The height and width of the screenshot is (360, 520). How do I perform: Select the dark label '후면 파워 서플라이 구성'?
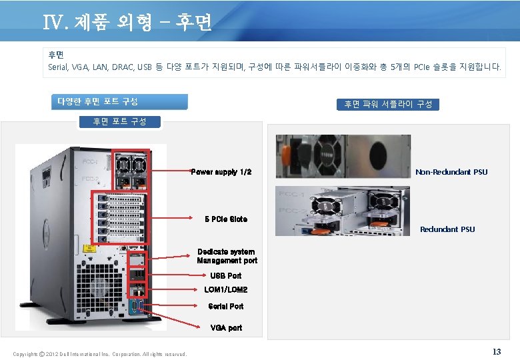coord(388,104)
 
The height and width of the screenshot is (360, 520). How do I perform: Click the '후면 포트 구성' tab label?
coord(119,121)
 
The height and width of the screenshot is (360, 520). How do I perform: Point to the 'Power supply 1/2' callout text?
coord(221,172)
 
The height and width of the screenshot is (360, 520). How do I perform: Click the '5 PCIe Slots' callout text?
coord(226,219)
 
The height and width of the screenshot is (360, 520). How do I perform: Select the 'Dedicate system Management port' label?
coord(227,256)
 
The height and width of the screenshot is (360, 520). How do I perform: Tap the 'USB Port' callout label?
coord(226,275)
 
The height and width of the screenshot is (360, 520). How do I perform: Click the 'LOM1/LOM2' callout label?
coord(226,290)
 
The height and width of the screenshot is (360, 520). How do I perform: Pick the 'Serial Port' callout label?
coord(226,307)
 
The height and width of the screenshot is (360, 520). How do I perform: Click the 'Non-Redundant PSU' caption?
coord(451,172)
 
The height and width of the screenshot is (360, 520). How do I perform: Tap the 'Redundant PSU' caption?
coord(447,229)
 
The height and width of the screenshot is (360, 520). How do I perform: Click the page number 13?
coord(496,351)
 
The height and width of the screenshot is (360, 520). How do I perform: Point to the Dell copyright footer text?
coord(100,353)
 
